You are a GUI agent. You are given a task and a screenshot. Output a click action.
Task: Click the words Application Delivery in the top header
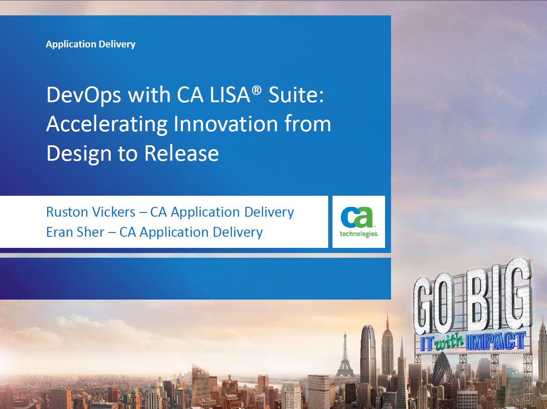(x=91, y=44)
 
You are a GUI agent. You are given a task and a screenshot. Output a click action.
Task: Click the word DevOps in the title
(x=84, y=96)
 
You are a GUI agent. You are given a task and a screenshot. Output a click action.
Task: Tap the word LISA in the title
(x=230, y=95)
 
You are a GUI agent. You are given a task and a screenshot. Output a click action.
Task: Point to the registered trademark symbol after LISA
(x=257, y=90)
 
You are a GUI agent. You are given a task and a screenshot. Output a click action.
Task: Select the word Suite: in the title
(x=296, y=95)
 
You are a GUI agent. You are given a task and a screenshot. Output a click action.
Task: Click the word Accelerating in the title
(x=107, y=125)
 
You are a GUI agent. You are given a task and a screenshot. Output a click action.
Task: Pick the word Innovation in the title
(x=226, y=124)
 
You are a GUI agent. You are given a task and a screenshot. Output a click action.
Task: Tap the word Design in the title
(x=79, y=154)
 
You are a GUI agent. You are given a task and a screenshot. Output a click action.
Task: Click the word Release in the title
(x=182, y=153)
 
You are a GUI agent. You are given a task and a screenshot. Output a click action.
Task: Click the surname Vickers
(x=114, y=212)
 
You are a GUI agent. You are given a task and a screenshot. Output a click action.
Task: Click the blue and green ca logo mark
(x=357, y=217)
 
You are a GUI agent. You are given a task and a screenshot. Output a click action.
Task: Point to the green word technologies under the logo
(x=359, y=234)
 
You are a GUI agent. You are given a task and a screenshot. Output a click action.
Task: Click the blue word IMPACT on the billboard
(x=495, y=341)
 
